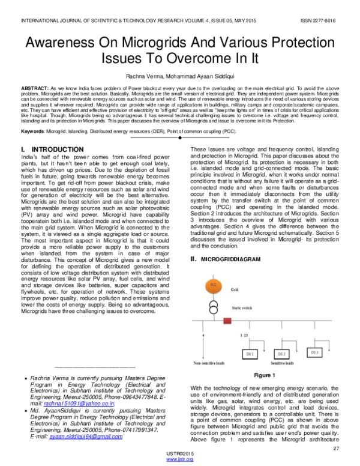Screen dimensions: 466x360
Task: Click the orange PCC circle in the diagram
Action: [213, 284]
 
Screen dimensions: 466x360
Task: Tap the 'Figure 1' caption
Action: [264, 375]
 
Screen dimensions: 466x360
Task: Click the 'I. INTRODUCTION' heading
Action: [52, 149]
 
